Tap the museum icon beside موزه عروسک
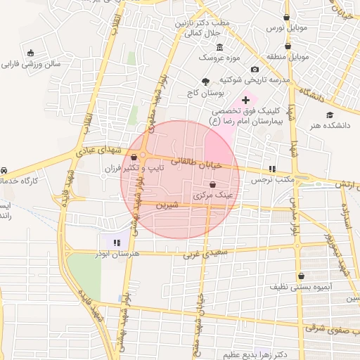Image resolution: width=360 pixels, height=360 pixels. [x=220, y=47]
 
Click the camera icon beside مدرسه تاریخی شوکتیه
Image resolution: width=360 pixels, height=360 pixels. [x=255, y=70]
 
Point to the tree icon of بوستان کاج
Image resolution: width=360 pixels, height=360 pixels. [x=205, y=82]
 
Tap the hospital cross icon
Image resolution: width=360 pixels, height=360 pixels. [x=245, y=101]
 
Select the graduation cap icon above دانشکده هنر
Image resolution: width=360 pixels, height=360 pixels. [x=328, y=115]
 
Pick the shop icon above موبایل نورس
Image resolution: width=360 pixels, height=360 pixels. [x=286, y=17]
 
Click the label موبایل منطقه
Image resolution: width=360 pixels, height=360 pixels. [x=287, y=56]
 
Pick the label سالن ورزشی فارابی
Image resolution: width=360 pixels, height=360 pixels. [x=30, y=63]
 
